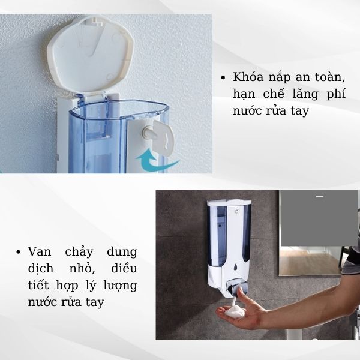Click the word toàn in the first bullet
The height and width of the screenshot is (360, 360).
332,78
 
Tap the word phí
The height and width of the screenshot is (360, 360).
337,95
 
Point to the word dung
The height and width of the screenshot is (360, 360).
122,251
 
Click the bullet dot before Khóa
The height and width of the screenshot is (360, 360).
223,78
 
